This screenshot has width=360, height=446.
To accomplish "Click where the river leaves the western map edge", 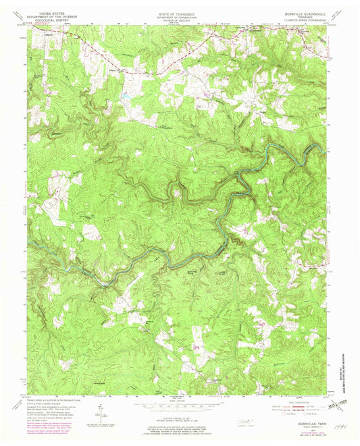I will (29, 243).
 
